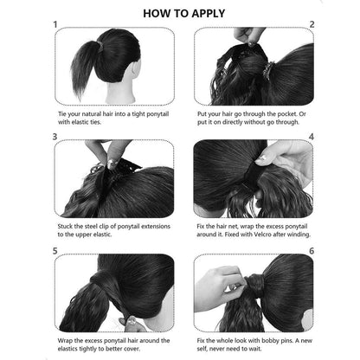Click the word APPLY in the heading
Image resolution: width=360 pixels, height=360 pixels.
point(204,13)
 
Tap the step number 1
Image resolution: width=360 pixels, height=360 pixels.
point(55,24)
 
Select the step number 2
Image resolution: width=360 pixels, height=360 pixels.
point(312,24)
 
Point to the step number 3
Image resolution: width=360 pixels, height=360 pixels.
point(55,137)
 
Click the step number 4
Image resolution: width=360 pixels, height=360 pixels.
point(312,137)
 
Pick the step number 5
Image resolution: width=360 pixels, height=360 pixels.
point(55,251)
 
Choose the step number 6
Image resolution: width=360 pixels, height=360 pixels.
point(312,251)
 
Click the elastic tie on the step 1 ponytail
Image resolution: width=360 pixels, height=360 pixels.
point(100,46)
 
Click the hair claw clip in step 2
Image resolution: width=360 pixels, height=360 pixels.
point(268,71)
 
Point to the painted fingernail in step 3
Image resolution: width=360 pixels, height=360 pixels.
point(111,164)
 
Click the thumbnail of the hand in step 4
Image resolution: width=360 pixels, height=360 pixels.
point(262,158)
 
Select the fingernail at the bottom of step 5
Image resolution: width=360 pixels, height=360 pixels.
point(132,320)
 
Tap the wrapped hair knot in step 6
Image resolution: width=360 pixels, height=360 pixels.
point(254,284)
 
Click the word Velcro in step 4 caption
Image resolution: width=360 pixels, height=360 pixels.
point(263,235)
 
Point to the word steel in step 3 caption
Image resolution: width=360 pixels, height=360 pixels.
point(92,227)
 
